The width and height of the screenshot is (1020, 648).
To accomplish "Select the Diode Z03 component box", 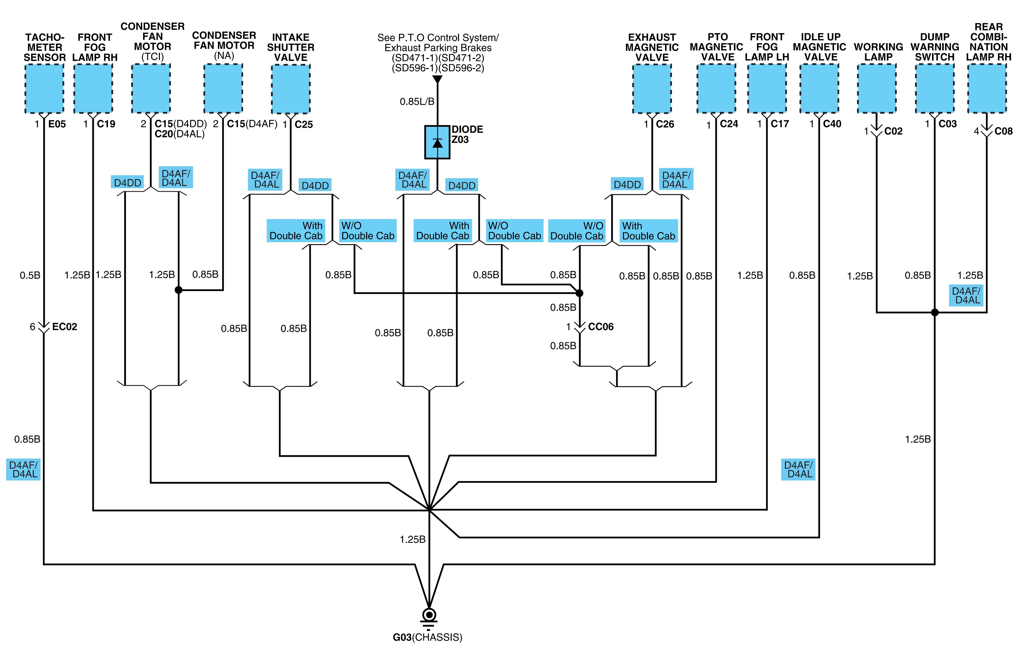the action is click(x=437, y=142).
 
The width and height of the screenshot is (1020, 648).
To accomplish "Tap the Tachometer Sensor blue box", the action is click(x=44, y=88).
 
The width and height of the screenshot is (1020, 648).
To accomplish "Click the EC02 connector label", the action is click(x=64, y=327).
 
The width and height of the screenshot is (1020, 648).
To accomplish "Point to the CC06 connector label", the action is click(x=601, y=327).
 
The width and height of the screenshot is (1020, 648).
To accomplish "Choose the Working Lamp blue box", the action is click(x=877, y=88).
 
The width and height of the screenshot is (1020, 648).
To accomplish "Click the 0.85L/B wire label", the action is click(x=417, y=102).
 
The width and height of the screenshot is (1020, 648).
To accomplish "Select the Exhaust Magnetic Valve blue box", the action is click(x=652, y=88).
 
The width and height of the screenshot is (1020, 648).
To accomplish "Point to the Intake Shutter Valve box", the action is click(x=291, y=89).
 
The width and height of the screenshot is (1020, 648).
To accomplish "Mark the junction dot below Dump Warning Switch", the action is click(x=935, y=313).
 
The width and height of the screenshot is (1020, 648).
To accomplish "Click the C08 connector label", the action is click(x=1003, y=131).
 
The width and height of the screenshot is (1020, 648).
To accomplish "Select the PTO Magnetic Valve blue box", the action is click(x=716, y=88).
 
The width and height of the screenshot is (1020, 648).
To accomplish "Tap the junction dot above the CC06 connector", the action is click(x=579, y=293).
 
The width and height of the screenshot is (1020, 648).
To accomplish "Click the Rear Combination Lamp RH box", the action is click(x=987, y=88).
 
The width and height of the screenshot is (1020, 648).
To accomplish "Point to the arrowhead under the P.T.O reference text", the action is click(x=437, y=80).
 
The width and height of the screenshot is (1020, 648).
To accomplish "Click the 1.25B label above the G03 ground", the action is click(x=413, y=540).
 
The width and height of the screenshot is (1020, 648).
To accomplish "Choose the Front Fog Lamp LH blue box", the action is click(x=767, y=88).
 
